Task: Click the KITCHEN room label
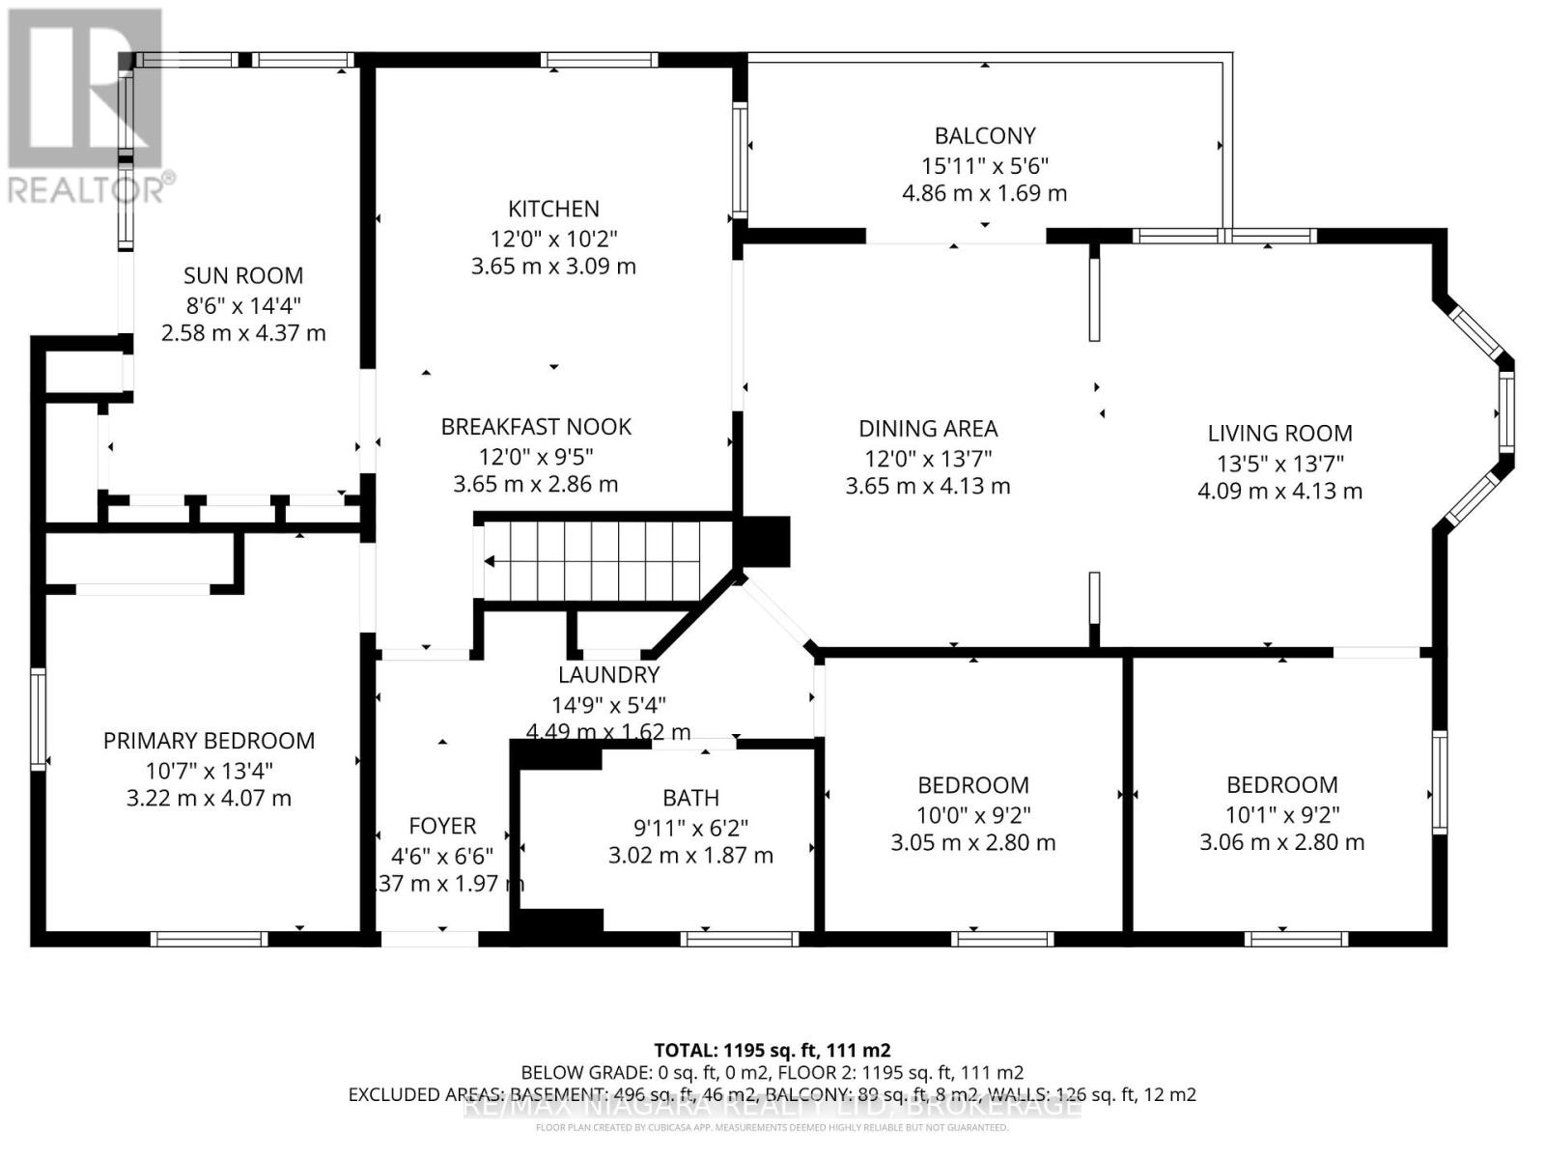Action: coord(553,209)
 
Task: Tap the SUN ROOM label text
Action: coord(243,275)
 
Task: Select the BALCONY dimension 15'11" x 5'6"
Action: coord(984,165)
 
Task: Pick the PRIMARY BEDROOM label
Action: coord(209,741)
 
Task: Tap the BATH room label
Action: coord(690,798)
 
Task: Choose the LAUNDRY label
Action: coord(608,675)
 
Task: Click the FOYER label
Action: coord(442,826)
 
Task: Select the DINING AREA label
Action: coord(928,428)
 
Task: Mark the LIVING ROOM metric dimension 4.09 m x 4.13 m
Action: coord(1279,491)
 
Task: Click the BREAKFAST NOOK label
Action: coord(536,427)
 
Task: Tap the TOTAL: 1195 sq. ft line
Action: coord(772,1050)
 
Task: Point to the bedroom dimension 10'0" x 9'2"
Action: coord(972,814)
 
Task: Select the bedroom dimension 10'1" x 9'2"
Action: coord(1281,814)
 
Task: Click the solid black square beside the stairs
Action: coord(764,541)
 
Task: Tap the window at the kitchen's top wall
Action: coord(600,60)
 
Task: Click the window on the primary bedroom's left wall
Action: coord(38,720)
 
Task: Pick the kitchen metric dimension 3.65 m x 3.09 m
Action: coord(553,267)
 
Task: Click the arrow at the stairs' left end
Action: coord(490,561)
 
